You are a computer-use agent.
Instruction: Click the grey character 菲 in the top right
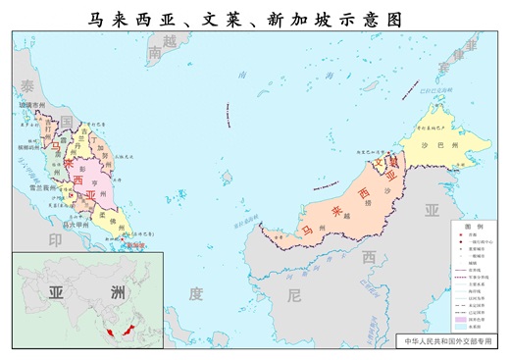[471, 44]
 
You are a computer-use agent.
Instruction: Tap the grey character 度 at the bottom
[195, 292]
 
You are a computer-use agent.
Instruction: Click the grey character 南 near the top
[155, 56]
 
